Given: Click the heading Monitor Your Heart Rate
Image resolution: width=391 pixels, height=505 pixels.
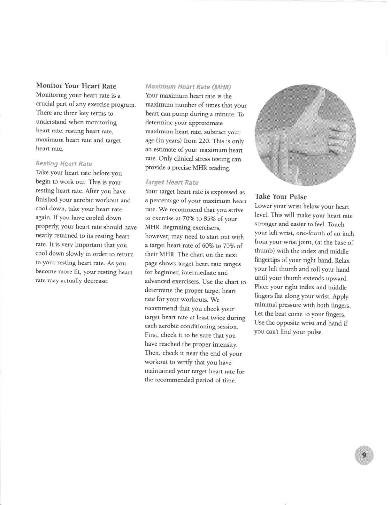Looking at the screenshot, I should tap(76, 86).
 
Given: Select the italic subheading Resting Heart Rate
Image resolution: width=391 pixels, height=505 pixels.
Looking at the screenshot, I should tap(64, 164).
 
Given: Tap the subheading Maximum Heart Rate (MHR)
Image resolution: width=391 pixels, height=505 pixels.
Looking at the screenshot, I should tap(188, 87).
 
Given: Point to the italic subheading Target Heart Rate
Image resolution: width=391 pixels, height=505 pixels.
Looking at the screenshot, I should tap(172, 182).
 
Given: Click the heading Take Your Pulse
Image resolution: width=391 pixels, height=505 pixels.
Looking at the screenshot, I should tap(280, 197).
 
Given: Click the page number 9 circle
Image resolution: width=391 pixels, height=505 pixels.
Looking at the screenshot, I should tap(364, 455).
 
